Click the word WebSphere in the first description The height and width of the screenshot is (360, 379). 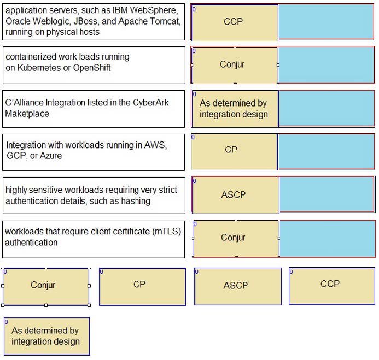pos(154,10)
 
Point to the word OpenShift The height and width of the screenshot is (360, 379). pos(92,68)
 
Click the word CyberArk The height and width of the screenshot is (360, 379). pos(150,103)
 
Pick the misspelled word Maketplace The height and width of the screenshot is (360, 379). pos(27,114)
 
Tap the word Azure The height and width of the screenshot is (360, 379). pos(50,156)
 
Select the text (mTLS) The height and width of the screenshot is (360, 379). pos(167,231)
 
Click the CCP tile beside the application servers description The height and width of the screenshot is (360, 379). pos(235,23)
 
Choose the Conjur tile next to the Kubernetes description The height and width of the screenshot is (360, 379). pos(235,66)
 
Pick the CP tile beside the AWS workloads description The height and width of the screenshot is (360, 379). pos(234,152)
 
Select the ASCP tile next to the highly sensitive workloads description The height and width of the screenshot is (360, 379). pos(236,195)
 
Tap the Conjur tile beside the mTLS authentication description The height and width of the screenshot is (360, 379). pos(236,239)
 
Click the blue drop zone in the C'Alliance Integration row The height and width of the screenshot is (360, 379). pos(326,108)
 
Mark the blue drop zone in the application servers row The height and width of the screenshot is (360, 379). pos(326,22)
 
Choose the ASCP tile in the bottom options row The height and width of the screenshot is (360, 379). pos(238,286)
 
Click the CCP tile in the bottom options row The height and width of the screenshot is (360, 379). pos(332,286)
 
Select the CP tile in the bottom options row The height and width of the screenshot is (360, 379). pos(143,287)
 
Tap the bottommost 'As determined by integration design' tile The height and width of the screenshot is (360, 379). pos(47,337)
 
